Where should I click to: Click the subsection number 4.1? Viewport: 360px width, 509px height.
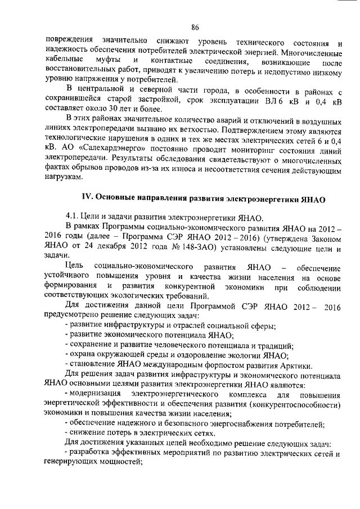click(73, 217)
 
